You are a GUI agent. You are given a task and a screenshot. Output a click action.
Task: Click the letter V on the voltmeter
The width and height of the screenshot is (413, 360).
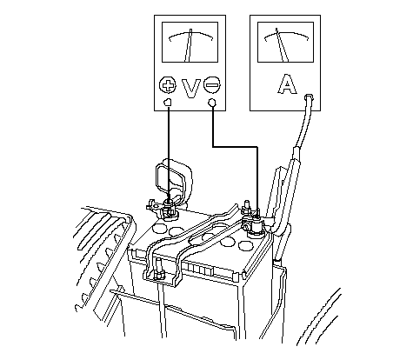191,88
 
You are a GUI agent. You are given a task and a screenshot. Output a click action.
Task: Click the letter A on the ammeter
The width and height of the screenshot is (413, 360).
287,84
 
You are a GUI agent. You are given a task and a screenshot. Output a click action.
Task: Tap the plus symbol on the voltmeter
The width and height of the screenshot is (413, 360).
168,85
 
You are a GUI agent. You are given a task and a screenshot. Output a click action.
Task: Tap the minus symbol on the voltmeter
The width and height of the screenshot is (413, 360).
212,85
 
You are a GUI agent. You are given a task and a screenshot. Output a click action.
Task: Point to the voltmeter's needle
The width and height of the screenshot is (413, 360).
188,45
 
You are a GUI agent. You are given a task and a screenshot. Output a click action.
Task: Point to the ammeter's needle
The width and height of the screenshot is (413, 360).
282,45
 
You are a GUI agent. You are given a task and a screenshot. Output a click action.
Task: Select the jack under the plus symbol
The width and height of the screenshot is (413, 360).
168,102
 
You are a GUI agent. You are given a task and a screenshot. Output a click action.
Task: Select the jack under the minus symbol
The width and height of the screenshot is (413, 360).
212,103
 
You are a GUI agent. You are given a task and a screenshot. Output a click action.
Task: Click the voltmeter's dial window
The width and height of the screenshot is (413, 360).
190,42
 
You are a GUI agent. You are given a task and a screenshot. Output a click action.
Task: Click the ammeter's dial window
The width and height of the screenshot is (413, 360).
285,42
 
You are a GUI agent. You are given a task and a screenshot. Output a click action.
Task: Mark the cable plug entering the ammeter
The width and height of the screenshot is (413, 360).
309,97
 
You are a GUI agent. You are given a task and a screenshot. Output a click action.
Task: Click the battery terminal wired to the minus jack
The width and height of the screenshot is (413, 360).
255,224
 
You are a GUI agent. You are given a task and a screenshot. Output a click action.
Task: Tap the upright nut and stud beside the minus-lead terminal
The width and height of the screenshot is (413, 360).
247,207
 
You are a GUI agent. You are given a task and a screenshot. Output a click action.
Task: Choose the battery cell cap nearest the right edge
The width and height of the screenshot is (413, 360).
245,246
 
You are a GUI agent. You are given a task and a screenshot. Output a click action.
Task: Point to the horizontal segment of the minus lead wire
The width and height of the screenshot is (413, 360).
235,147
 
